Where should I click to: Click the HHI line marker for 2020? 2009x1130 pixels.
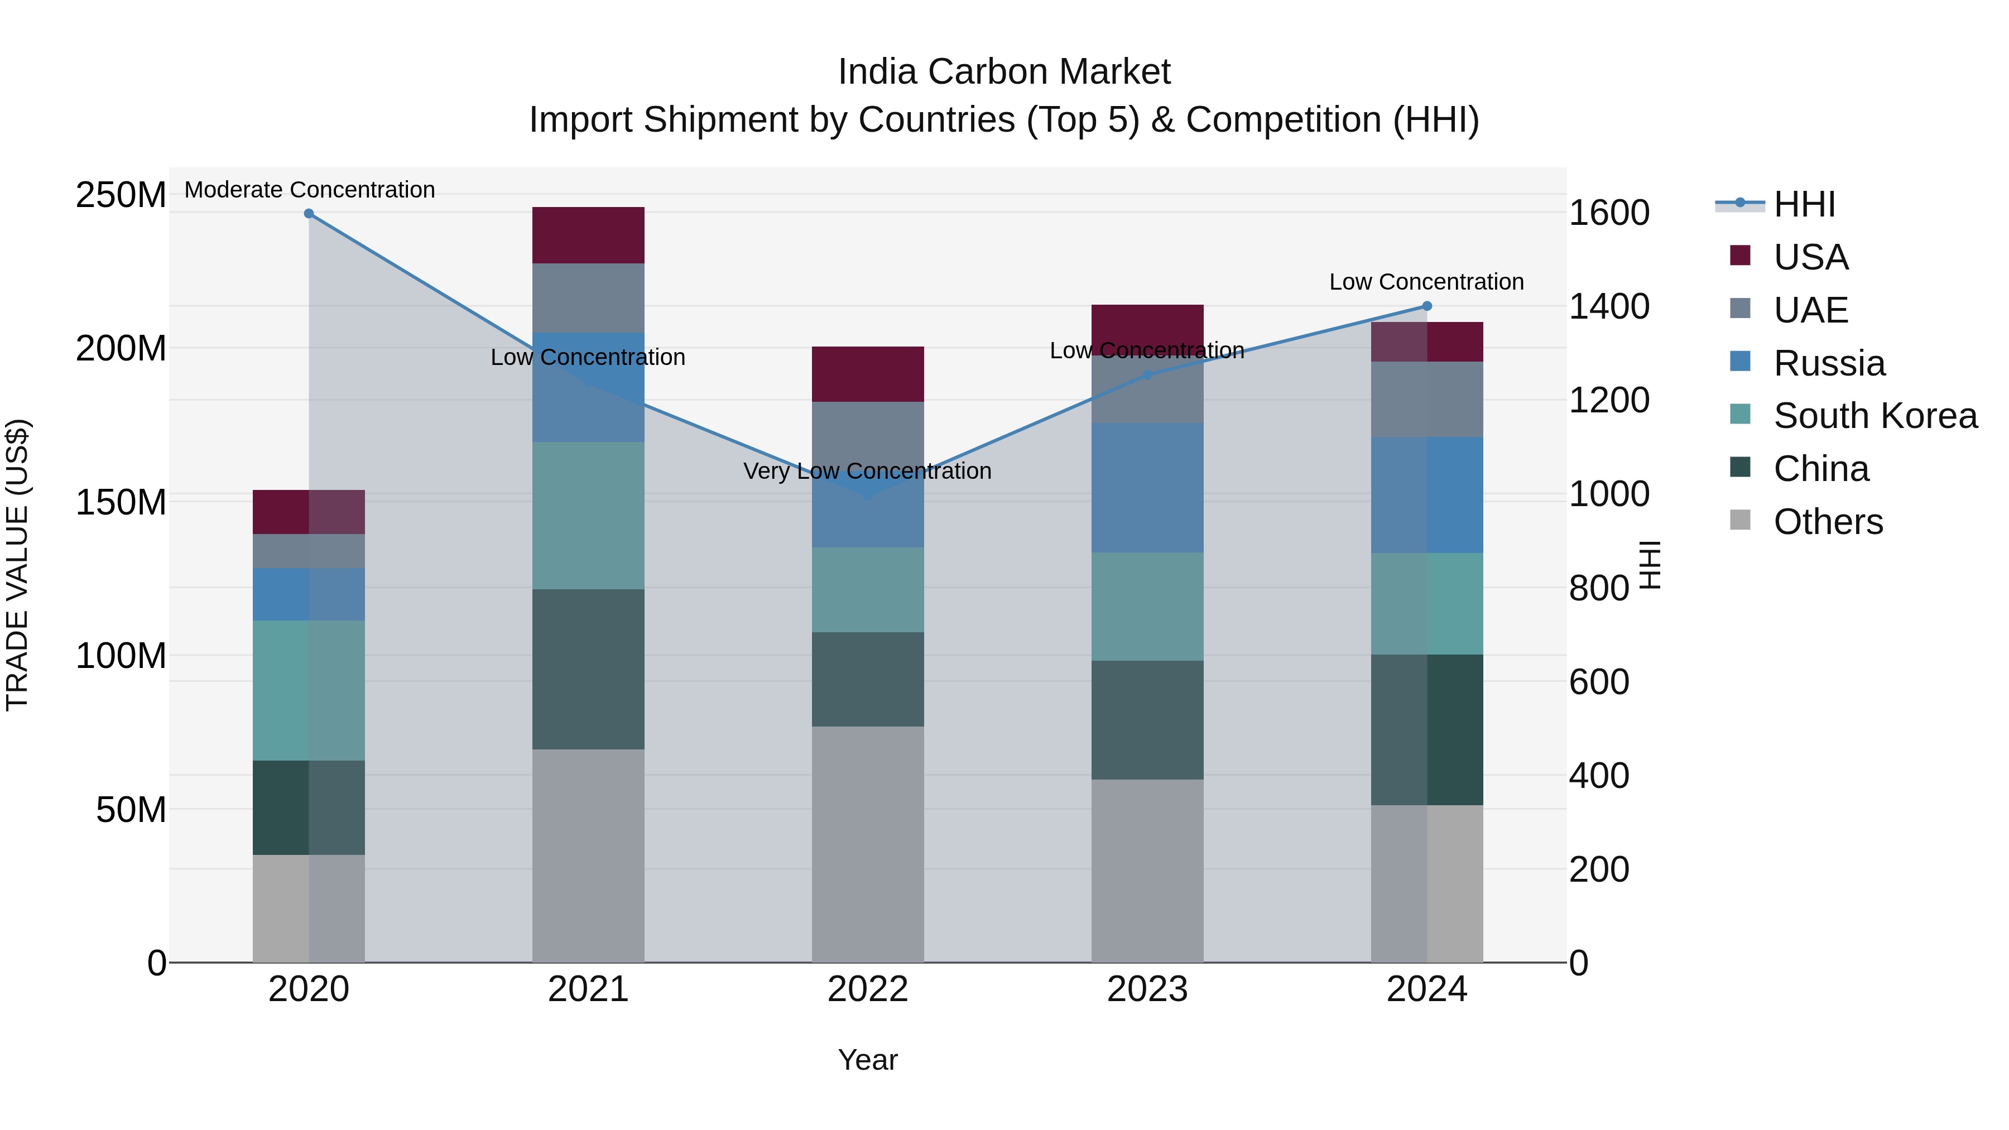click(x=309, y=214)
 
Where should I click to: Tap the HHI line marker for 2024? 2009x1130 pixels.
click(x=1427, y=306)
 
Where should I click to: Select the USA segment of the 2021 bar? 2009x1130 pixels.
click(x=588, y=235)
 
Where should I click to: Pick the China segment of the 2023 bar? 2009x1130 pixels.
click(x=1147, y=720)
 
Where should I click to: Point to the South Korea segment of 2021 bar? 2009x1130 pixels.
click(x=588, y=516)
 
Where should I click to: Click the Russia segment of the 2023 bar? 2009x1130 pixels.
click(x=1147, y=488)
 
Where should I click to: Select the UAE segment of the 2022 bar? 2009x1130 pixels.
click(x=867, y=437)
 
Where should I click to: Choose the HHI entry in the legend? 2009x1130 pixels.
click(x=1804, y=204)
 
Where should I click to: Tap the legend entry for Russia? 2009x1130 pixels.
click(x=1829, y=363)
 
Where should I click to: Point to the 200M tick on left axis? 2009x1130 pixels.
click(x=121, y=349)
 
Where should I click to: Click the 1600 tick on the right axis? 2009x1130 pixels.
click(x=1608, y=213)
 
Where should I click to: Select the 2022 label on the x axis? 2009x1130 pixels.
click(x=867, y=989)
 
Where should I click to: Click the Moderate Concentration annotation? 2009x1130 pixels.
click(x=310, y=190)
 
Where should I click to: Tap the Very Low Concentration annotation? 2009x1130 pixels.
click(x=867, y=471)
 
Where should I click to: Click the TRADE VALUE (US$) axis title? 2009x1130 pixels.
click(x=17, y=565)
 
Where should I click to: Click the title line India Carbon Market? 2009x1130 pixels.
click(x=1004, y=72)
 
